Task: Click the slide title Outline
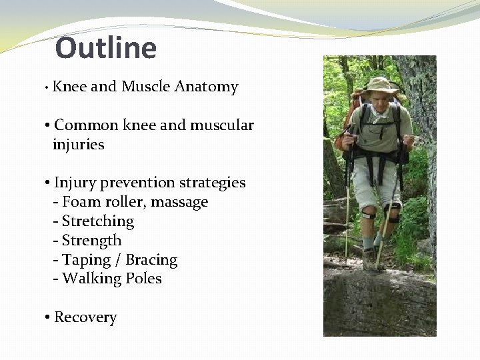pos(106,48)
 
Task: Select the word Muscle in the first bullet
pos(145,87)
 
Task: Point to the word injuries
pos(78,145)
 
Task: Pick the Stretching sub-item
pos(97,221)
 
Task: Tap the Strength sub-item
pos(91,241)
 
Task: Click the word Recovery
pos(85,317)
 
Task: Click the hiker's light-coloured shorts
pos(376,181)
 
